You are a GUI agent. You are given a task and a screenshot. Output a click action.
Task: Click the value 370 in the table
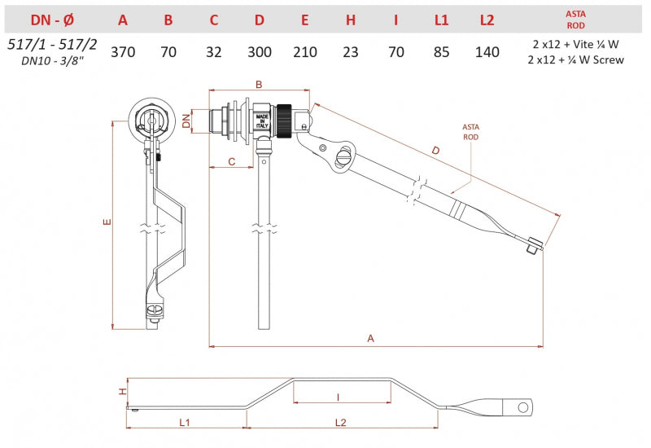coord(122,51)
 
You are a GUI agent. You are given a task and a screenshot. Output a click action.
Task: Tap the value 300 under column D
coord(259,51)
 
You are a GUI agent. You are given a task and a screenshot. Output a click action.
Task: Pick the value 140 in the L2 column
coord(487,51)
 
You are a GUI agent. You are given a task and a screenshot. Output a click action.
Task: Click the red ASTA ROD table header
coord(575,19)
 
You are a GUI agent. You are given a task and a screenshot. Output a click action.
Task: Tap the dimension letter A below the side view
coord(371,337)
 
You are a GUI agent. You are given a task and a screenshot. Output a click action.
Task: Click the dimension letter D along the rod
coord(436,152)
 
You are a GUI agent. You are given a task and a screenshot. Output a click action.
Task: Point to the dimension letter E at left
coord(107,222)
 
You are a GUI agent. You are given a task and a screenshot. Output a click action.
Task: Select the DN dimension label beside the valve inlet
coord(186,121)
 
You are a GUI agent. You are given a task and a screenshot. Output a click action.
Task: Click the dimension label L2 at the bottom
coord(341,422)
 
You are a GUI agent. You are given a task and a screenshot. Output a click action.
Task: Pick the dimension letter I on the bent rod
coord(338,397)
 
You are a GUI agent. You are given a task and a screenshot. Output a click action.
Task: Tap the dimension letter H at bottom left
coord(123,391)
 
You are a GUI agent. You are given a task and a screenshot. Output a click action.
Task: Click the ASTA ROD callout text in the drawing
coord(470,132)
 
